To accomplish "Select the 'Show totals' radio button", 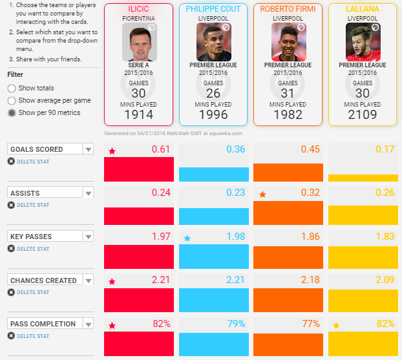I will [x=11, y=88].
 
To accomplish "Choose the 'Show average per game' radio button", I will [x=11, y=100].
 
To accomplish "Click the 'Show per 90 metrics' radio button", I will [x=11, y=112].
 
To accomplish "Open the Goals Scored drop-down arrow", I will [x=89, y=149].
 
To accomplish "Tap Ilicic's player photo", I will [x=138, y=42].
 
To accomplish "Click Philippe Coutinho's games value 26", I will [x=213, y=92].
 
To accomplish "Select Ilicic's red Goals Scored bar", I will [x=139, y=169].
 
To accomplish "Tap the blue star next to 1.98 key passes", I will [x=187, y=238].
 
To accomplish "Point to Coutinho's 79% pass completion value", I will [x=235, y=324].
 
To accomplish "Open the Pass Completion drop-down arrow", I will [x=89, y=324].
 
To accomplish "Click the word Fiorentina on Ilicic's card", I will [x=138, y=18].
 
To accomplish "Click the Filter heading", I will [x=15, y=74].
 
